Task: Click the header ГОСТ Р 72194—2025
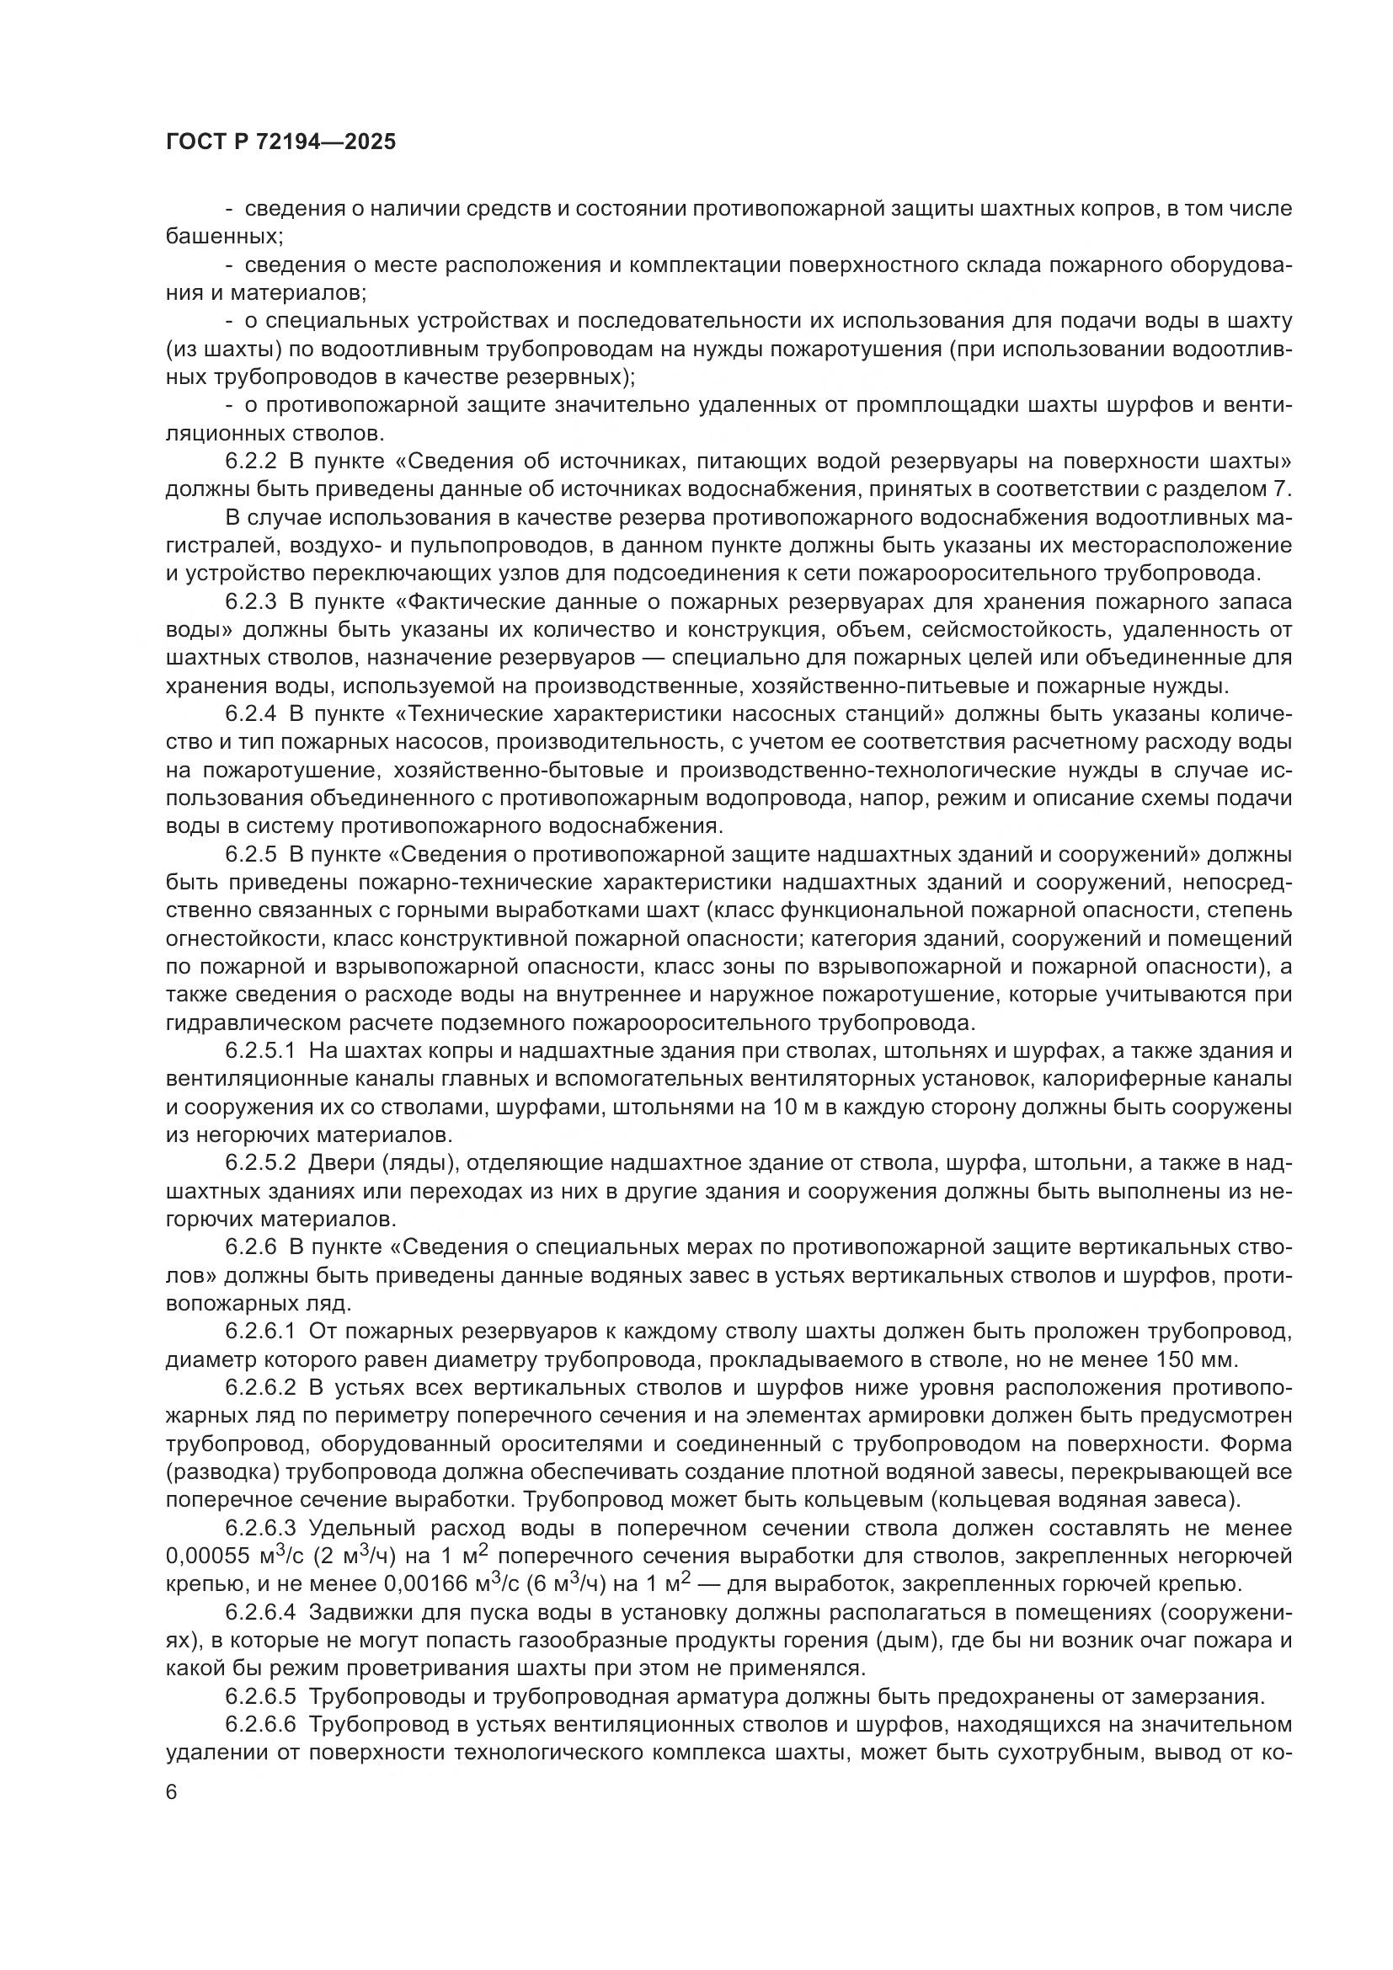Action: pyautogui.click(x=280, y=142)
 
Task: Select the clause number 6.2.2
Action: pyautogui.click(x=251, y=462)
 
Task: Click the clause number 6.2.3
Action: pyautogui.click(x=251, y=602)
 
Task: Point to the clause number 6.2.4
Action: pyautogui.click(x=251, y=715)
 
